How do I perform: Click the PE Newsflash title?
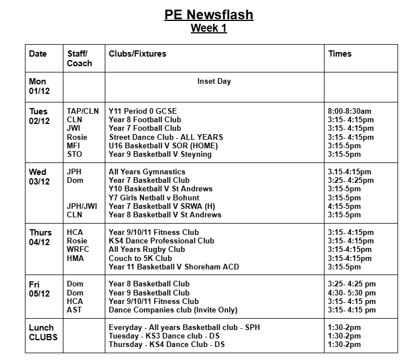209,15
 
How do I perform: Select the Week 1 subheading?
209,28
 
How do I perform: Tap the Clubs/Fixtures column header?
138,54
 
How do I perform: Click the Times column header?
340,54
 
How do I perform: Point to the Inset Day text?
214,82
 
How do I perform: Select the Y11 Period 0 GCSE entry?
147,112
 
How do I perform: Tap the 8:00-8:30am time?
349,112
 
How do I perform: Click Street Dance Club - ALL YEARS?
166,137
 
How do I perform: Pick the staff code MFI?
74,145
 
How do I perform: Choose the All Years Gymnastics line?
147,172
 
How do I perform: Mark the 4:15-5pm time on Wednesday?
344,206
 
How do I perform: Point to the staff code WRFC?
78,250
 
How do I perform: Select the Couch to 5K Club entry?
140,258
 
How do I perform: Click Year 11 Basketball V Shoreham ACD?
174,267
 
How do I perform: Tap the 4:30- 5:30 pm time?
352,293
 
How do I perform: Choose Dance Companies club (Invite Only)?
173,310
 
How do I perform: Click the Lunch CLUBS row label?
41,332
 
